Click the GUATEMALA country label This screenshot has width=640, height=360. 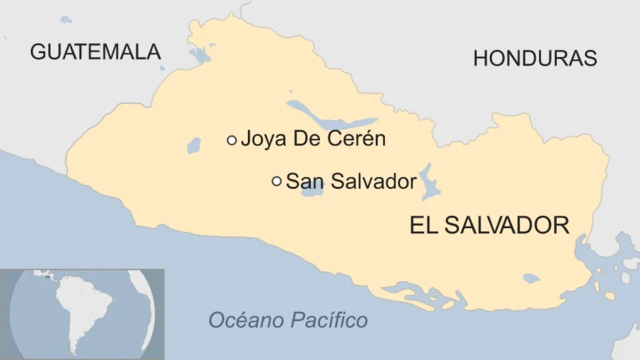pos(95,51)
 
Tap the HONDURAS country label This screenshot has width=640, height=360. pos(534,58)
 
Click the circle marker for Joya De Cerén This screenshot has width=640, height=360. pos(232,141)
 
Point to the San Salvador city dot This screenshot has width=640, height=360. pos(277,181)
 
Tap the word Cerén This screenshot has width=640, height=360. pos(357,140)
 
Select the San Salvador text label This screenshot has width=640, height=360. pos(350,181)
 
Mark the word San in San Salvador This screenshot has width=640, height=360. pos(302,181)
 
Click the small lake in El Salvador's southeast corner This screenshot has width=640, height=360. pos(530,278)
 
